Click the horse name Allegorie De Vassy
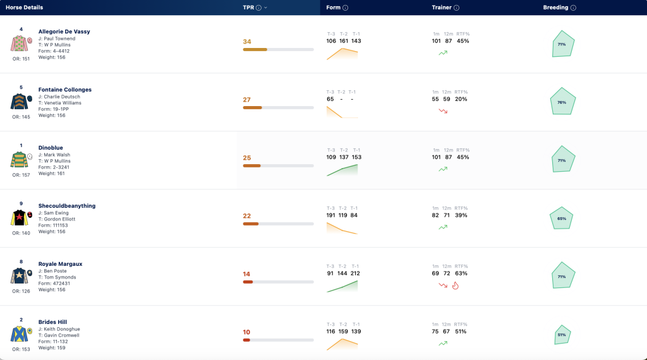point(64,32)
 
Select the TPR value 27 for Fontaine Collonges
point(247,100)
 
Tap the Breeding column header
point(555,8)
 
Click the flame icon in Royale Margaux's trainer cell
point(455,285)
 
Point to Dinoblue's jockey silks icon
point(19,160)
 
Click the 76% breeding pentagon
point(562,102)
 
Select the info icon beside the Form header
point(346,8)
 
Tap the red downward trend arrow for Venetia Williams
point(443,111)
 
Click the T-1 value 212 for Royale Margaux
point(355,273)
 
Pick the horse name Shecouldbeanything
point(67,206)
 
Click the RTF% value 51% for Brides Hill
point(461,332)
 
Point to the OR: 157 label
point(21,175)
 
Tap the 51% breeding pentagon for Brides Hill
point(562,335)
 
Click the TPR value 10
point(246,332)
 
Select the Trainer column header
point(442,8)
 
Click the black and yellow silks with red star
point(19,218)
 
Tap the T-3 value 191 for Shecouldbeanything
point(331,215)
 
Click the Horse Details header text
point(25,8)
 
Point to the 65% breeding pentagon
point(562,218)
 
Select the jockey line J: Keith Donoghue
point(59,329)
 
